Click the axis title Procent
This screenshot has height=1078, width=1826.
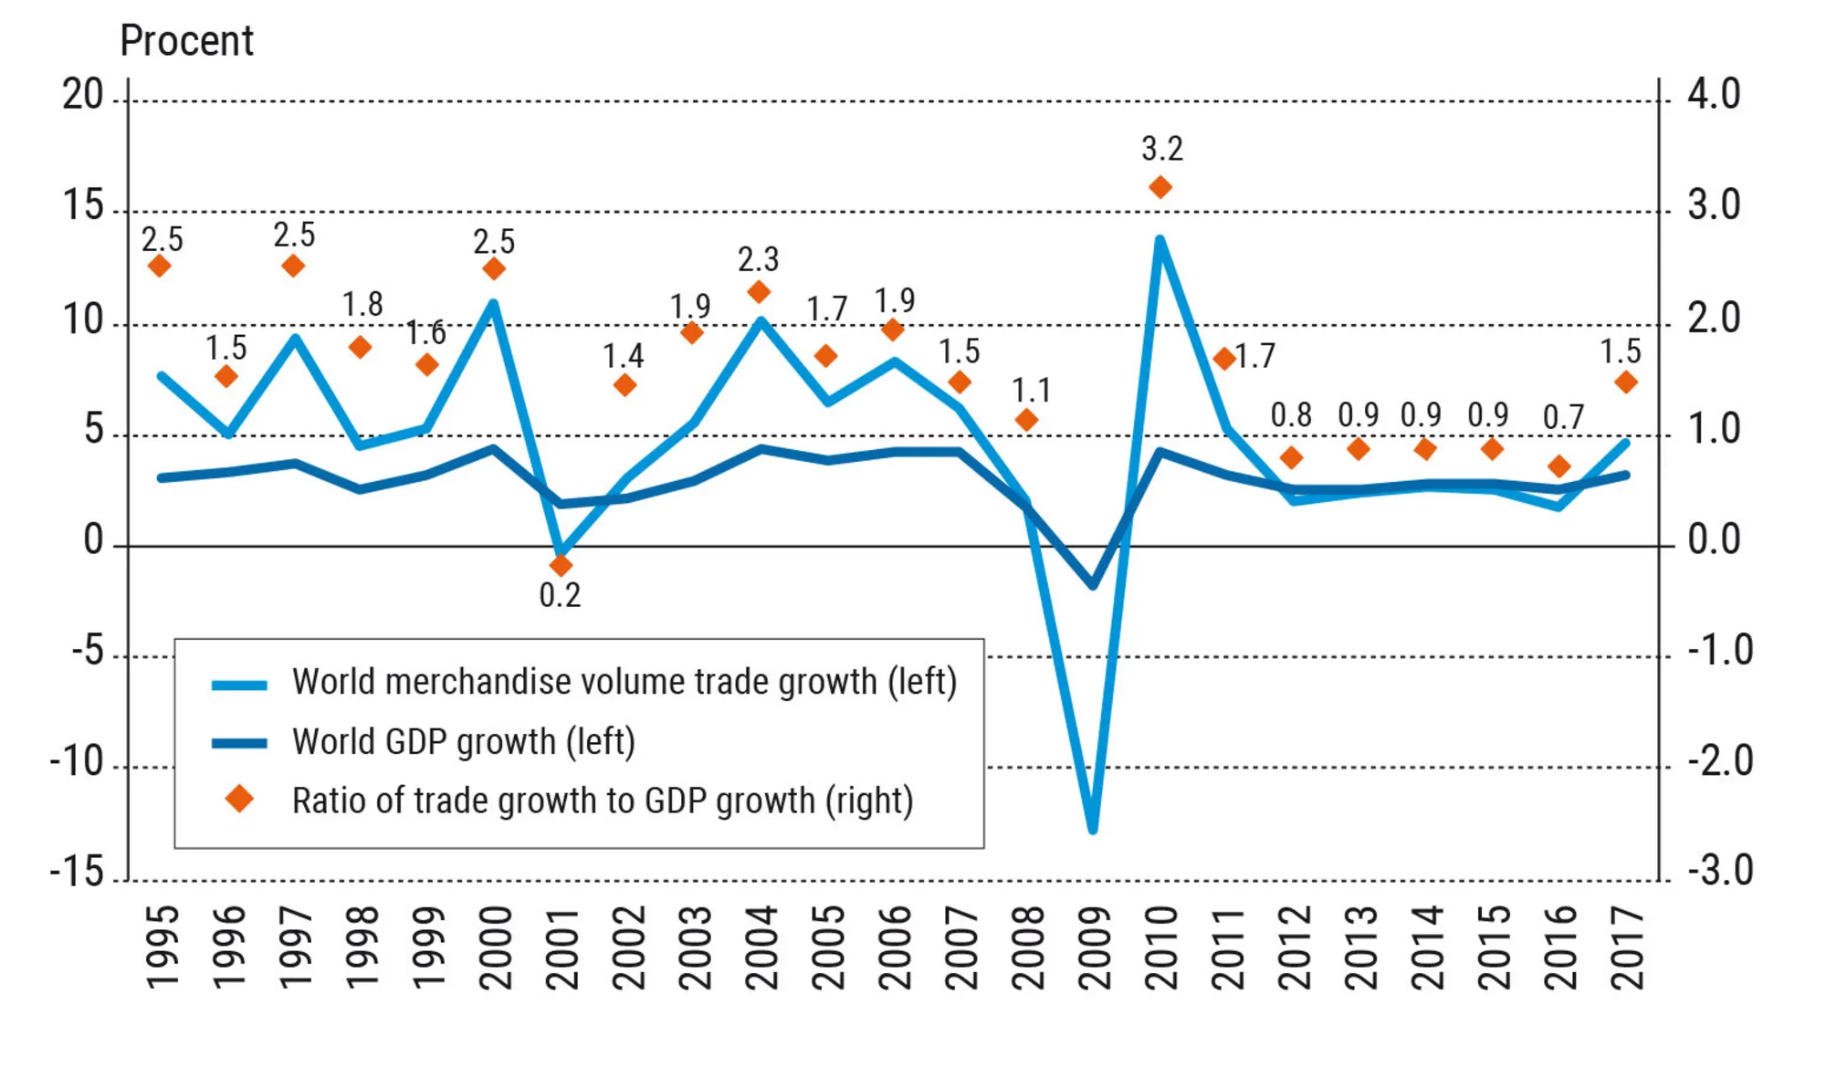click(186, 41)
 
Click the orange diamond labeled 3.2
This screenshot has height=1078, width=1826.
click(1160, 187)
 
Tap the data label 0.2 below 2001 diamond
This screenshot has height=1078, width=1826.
click(560, 595)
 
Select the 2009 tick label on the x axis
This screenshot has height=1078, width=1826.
click(1094, 947)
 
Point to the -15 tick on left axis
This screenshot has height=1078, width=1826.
click(78, 873)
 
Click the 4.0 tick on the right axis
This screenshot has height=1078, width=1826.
click(1714, 95)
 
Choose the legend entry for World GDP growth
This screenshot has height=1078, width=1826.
click(463, 741)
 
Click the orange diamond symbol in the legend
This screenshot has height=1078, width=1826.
click(239, 800)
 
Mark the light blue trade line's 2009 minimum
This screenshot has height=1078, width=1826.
click(1093, 829)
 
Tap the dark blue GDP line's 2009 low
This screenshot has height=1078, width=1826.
click(1093, 584)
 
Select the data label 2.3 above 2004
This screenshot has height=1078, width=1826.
click(758, 260)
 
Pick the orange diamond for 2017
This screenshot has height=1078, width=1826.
click(1625, 382)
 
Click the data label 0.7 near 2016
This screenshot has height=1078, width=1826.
click(1563, 418)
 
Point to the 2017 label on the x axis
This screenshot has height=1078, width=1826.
click(1627, 947)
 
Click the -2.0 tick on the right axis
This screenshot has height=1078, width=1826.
click(1720, 761)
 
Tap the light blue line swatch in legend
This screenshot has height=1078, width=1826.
click(239, 684)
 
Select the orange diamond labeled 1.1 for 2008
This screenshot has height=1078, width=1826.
click(1026, 420)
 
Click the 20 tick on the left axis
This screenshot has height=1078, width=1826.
click(83, 95)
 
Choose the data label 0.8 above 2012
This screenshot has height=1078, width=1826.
click(1291, 415)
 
